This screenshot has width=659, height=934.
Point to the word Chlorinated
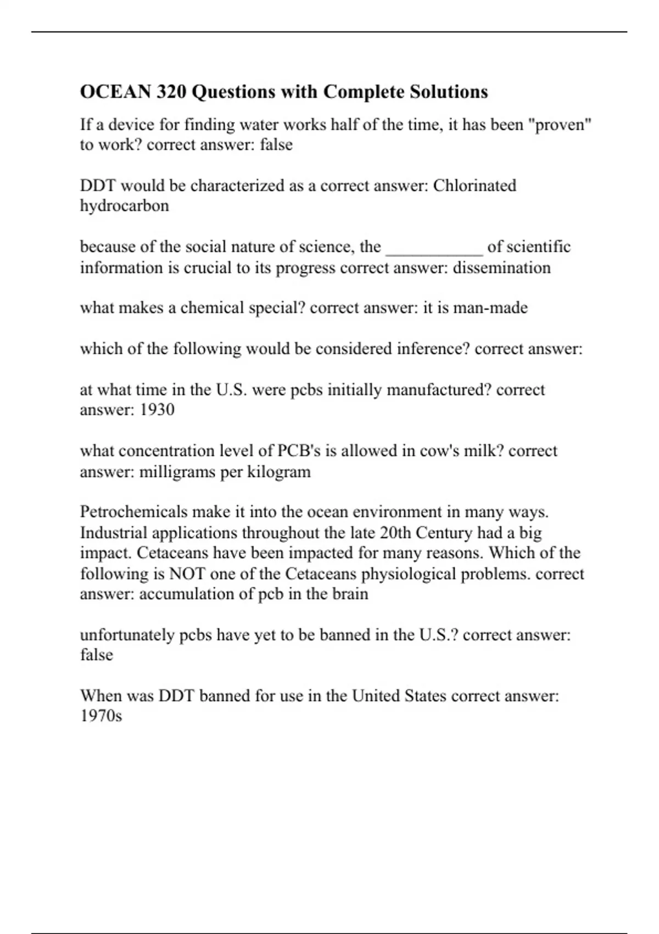pyautogui.click(x=474, y=186)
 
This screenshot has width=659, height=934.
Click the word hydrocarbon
pyautogui.click(x=125, y=206)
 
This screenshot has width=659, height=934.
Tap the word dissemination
pyautogui.click(x=501, y=268)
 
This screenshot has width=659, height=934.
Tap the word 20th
pyautogui.click(x=395, y=533)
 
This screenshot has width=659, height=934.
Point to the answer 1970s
pyautogui.click(x=101, y=716)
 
